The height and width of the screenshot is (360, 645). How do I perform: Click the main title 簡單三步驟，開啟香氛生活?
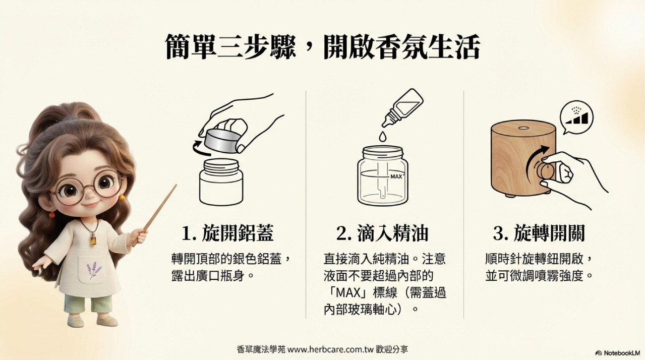click(x=323, y=47)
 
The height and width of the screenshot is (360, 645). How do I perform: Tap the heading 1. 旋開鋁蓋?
click(x=227, y=233)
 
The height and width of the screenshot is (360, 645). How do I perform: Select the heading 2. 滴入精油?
click(x=382, y=233)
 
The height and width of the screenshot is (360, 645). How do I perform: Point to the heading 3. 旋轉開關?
click(x=539, y=233)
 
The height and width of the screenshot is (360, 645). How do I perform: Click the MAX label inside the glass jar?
click(x=396, y=176)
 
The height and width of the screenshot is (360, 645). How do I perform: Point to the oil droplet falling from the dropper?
click(x=382, y=137)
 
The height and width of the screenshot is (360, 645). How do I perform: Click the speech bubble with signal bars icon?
click(x=576, y=116)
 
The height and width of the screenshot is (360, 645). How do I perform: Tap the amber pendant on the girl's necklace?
click(x=93, y=240)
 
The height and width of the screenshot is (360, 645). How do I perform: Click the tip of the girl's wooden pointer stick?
click(x=176, y=185)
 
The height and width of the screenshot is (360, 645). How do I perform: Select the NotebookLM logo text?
click(x=620, y=353)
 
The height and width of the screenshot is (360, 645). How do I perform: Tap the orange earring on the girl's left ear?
click(x=122, y=197)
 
